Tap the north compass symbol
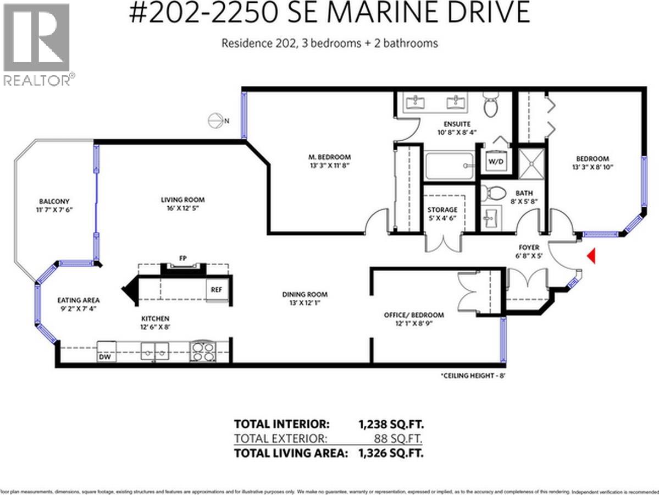(218, 120)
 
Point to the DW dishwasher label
(105, 358)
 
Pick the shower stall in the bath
(531, 163)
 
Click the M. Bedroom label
(330, 157)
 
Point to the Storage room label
(442, 210)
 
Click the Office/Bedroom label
(413, 315)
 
